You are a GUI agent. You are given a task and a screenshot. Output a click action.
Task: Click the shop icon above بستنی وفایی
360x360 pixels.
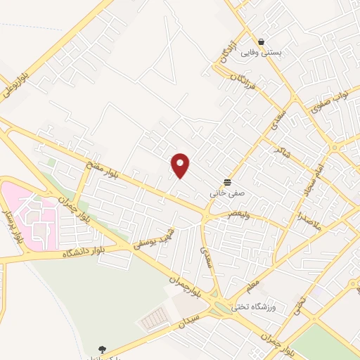tap(262, 41)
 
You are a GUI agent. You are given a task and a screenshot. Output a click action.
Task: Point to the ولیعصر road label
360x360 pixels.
tap(237, 214)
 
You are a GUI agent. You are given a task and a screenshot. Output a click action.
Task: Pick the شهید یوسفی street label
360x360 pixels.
tap(155, 240)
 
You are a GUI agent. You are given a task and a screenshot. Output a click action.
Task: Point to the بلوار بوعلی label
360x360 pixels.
tap(18, 79)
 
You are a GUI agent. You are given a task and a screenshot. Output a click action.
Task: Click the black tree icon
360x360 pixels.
tap(103, 349)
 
